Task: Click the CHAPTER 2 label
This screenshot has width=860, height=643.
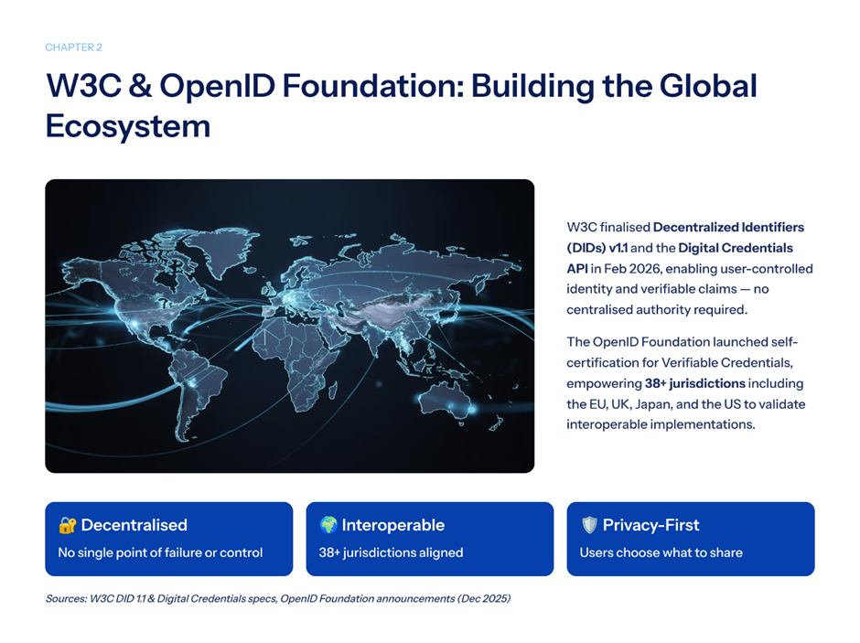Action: click(x=73, y=48)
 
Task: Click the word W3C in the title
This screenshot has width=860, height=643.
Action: click(x=83, y=86)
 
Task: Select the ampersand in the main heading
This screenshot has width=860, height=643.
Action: click(x=140, y=86)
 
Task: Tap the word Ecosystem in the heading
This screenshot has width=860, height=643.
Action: click(x=128, y=126)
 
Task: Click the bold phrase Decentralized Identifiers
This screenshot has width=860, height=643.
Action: click(x=728, y=227)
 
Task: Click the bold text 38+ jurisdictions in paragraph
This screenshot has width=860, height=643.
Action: click(x=695, y=383)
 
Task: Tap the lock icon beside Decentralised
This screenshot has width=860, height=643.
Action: click(x=68, y=525)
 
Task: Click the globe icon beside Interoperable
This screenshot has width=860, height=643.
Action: click(x=328, y=525)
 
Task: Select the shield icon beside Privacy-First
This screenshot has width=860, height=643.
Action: click(x=589, y=525)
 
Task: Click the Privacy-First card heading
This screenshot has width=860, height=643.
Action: click(x=651, y=525)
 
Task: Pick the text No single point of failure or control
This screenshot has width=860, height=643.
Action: click(x=160, y=552)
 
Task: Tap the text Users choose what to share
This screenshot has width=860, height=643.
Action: click(x=661, y=552)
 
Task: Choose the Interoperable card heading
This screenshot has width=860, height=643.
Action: click(x=392, y=525)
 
